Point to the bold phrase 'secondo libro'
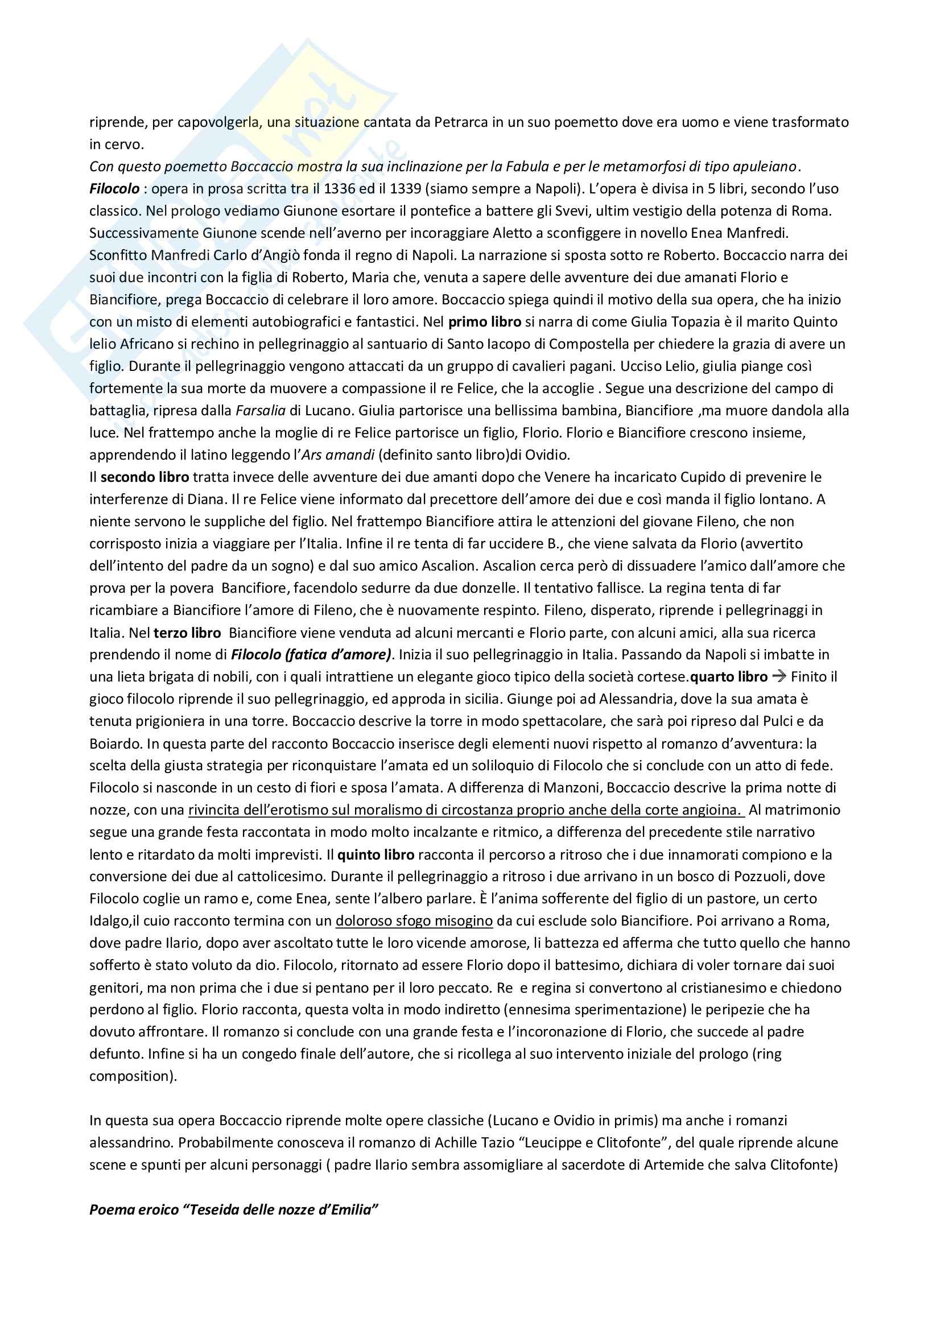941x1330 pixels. click(145, 477)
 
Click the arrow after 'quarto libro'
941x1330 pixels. click(779, 676)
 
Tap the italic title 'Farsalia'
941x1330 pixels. click(260, 411)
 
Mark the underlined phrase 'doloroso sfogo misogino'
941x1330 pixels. click(414, 920)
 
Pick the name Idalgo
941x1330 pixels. click(109, 920)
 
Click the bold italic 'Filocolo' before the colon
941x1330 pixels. click(114, 189)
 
